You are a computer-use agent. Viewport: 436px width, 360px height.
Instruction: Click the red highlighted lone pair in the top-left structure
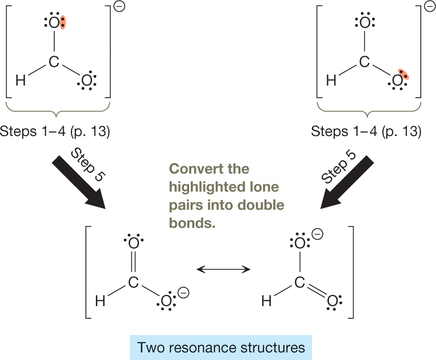point(63,23)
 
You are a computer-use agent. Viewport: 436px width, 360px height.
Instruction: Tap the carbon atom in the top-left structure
point(53,63)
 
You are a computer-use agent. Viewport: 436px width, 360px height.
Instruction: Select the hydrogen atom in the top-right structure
point(331,80)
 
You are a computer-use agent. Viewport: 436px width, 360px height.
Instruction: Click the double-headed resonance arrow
point(223,270)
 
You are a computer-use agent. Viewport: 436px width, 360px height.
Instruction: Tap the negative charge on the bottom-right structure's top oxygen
point(318,234)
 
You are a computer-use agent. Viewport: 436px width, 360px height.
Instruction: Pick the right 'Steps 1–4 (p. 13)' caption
point(366,131)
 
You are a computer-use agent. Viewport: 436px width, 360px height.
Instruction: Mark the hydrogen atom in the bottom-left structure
point(100,301)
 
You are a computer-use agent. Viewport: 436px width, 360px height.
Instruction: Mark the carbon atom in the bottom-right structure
point(300,283)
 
